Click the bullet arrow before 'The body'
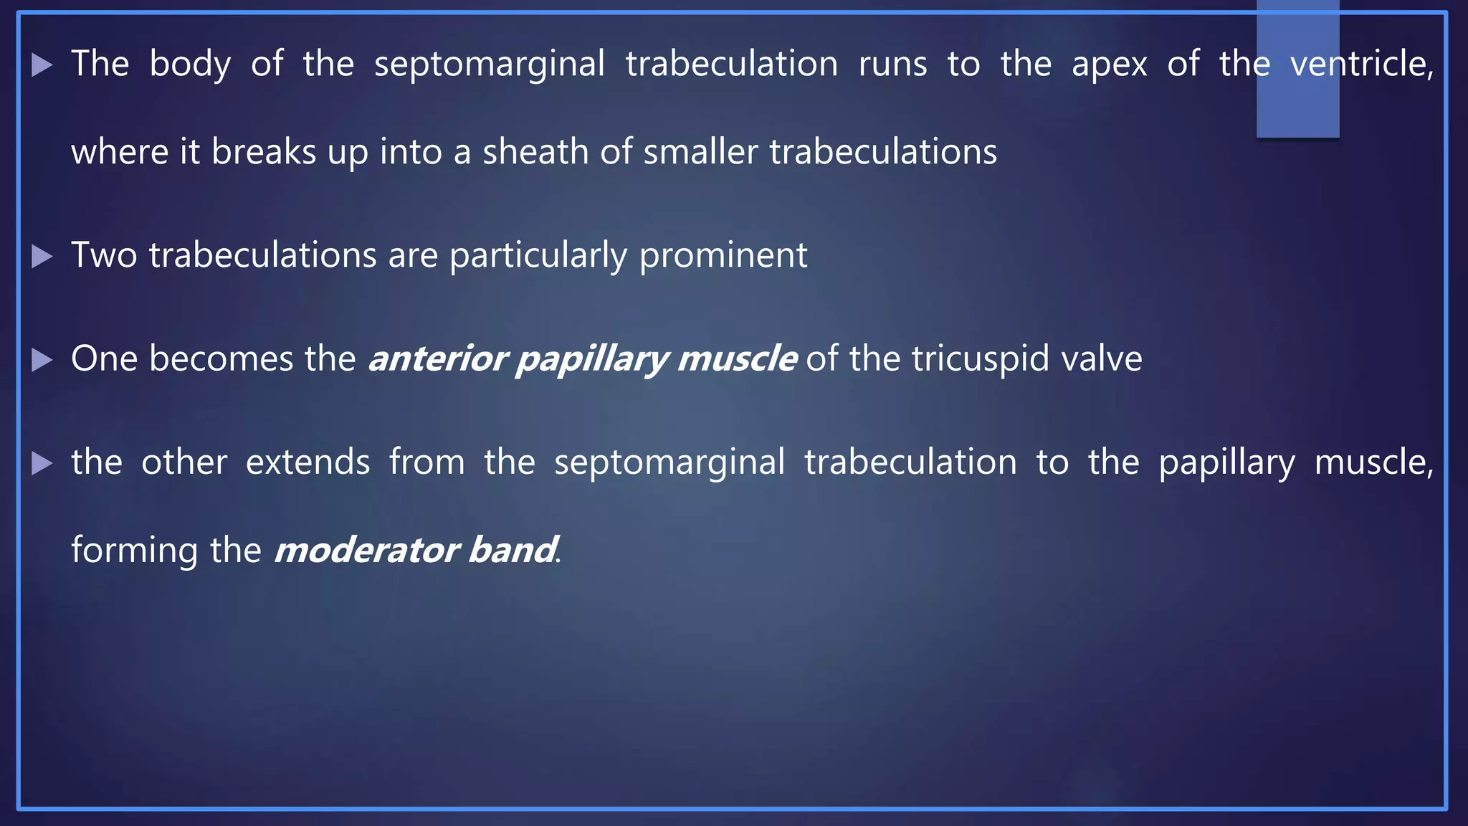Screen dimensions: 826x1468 click(x=42, y=65)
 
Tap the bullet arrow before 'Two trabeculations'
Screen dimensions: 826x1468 click(x=42, y=257)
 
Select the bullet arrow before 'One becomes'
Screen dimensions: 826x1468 click(x=42, y=360)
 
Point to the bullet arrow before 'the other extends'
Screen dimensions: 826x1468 click(x=42, y=463)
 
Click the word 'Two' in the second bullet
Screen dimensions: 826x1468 click(x=104, y=256)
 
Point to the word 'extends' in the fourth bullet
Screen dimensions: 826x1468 click(x=308, y=462)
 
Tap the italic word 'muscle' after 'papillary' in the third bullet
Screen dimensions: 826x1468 click(x=736, y=359)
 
